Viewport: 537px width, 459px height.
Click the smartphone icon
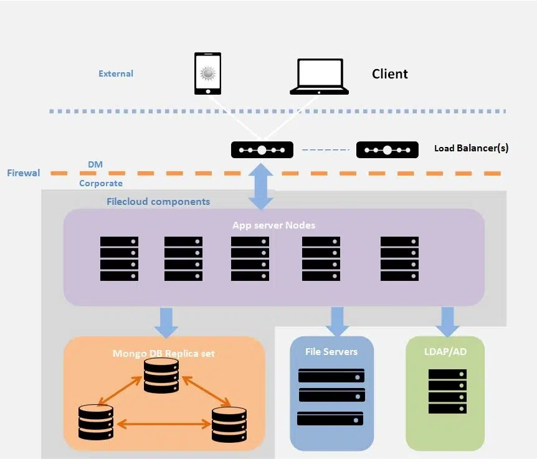207,73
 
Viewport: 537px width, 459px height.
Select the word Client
389,74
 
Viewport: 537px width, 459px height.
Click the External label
116,73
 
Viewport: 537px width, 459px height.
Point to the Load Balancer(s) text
471,148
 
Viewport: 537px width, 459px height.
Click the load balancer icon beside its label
387,150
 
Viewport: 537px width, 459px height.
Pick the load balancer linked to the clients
262,150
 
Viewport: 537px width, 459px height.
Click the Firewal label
24,173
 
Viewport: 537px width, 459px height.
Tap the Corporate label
101,184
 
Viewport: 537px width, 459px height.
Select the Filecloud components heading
158,202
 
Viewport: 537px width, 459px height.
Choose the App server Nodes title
273,225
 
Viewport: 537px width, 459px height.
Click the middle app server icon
250,258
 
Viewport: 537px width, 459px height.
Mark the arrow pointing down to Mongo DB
166,322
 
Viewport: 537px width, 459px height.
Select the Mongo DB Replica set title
164,354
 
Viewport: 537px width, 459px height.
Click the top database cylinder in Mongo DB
161,376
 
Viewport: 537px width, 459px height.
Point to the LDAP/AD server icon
447,390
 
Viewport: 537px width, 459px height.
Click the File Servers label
331,352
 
